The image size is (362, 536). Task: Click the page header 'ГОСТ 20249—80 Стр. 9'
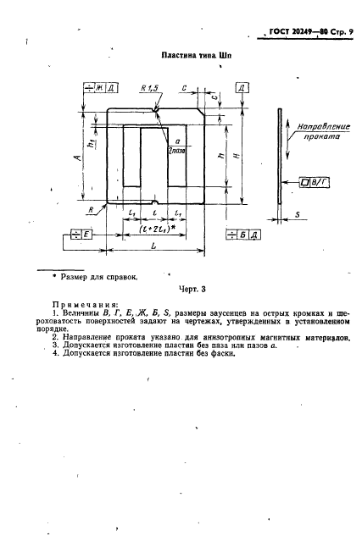pyautogui.click(x=305, y=33)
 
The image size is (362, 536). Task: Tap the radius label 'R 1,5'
pyautogui.click(x=152, y=88)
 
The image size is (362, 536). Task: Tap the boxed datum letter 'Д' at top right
pyautogui.click(x=242, y=88)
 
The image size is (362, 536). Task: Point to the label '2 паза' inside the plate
pyautogui.click(x=177, y=127)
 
